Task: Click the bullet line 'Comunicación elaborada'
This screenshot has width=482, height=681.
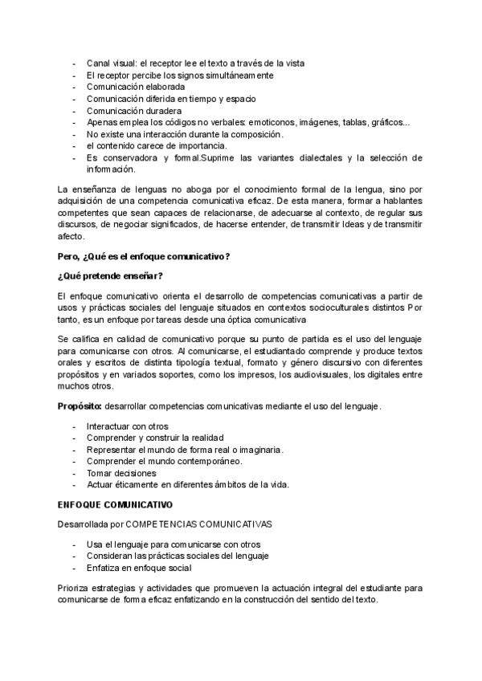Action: pos(136,86)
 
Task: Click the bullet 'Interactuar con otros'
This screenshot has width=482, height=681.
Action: pos(128,426)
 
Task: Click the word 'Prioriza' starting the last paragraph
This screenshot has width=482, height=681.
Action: pos(75,588)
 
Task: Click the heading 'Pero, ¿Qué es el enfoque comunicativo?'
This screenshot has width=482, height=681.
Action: pos(144,256)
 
